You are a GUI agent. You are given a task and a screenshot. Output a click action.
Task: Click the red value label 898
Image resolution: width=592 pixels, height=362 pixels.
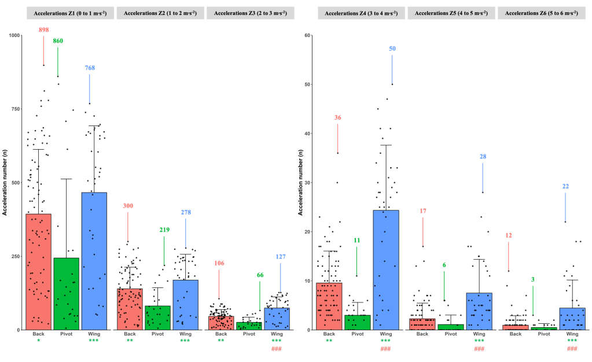pos(43,30)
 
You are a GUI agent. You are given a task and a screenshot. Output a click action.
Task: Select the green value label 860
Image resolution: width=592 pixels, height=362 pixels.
pos(58,41)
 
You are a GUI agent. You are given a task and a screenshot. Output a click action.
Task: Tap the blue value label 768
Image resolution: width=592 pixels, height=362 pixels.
pos(90,68)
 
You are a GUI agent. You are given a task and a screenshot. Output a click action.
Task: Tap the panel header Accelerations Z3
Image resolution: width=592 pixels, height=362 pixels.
pos(250,13)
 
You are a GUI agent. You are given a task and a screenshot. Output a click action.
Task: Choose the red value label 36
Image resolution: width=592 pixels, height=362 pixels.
pos(338,118)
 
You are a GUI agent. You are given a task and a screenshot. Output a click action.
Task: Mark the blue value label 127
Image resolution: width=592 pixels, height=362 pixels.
pos(281,257)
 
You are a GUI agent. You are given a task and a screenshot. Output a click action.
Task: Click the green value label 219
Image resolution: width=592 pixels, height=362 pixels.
pos(164,230)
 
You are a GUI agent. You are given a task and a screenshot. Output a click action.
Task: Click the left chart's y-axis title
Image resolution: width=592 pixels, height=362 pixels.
pos(5,182)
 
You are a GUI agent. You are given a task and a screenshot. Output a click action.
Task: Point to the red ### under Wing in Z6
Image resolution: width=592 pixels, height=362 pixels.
pos(572,349)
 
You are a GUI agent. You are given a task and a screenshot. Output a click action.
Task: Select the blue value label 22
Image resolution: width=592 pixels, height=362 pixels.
pos(566,186)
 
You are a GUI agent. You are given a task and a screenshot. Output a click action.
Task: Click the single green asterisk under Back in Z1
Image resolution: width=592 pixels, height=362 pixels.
pos(38,341)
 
